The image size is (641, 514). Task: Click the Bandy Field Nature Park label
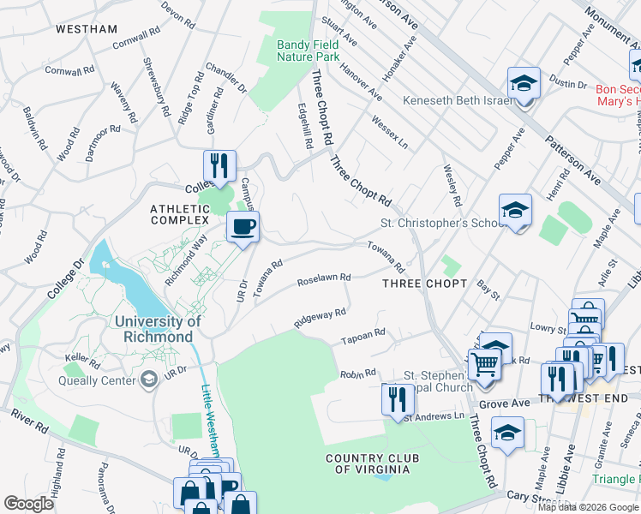(x=308, y=51)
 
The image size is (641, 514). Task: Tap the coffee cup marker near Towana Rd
(x=243, y=227)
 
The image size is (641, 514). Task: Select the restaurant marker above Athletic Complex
(x=219, y=164)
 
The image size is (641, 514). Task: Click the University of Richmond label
(x=156, y=329)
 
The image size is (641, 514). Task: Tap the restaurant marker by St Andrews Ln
(x=396, y=399)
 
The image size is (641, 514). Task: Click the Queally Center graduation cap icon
(x=149, y=379)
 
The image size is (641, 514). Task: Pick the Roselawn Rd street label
(x=324, y=278)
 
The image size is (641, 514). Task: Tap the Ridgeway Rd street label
(x=320, y=318)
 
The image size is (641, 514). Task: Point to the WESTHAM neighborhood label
(x=87, y=29)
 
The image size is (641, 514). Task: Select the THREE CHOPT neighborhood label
(x=424, y=284)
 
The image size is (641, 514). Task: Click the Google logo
(x=28, y=504)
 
